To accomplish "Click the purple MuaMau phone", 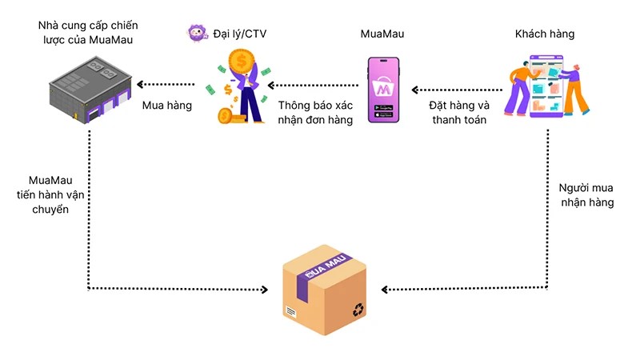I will coord(383,90).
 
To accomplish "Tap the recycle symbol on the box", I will coord(358,308).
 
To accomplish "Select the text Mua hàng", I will coord(166,105).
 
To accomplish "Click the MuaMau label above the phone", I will coord(382,34).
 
